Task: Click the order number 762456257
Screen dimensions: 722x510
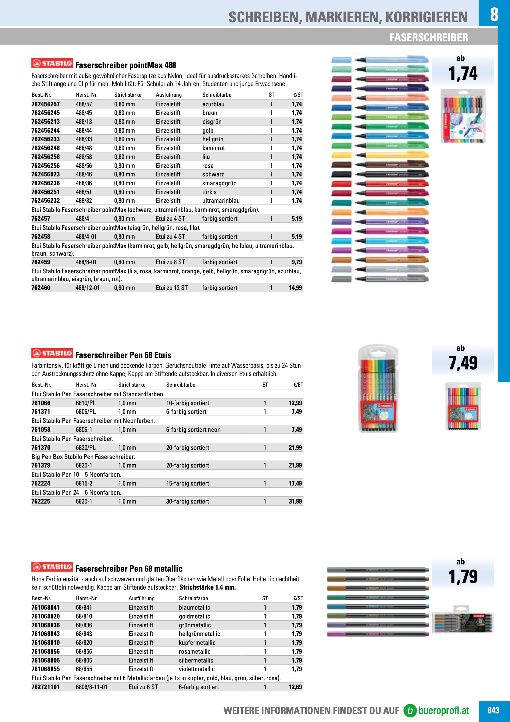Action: [x=45, y=104]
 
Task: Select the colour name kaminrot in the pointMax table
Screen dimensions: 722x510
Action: [x=214, y=148]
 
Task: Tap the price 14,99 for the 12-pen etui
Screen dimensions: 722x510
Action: [x=295, y=288]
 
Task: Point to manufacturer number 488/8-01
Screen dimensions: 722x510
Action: [x=86, y=262]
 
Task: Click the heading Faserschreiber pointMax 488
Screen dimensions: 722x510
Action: [x=125, y=65]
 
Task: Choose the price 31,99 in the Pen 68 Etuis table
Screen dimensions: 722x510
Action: [x=295, y=501]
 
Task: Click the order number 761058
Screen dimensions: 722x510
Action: [x=41, y=429]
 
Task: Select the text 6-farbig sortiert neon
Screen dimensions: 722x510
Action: [x=193, y=429]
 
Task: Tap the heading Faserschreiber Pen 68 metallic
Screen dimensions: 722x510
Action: [x=129, y=568]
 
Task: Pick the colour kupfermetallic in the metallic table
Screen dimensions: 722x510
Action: [x=197, y=643]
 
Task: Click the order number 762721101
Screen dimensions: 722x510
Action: [x=45, y=687]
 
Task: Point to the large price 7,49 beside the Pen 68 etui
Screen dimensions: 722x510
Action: [x=463, y=363]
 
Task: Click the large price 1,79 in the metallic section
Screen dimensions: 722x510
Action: [x=463, y=577]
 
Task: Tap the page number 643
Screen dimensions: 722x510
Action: [x=493, y=710]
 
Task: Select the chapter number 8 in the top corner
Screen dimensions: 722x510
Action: [x=494, y=14]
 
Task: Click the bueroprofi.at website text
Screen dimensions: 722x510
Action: [x=443, y=710]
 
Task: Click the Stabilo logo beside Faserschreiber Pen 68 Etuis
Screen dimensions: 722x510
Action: [x=52, y=353]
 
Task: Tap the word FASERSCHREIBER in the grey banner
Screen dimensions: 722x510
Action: [x=428, y=37]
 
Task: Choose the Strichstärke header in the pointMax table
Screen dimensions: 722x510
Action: [x=128, y=95]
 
